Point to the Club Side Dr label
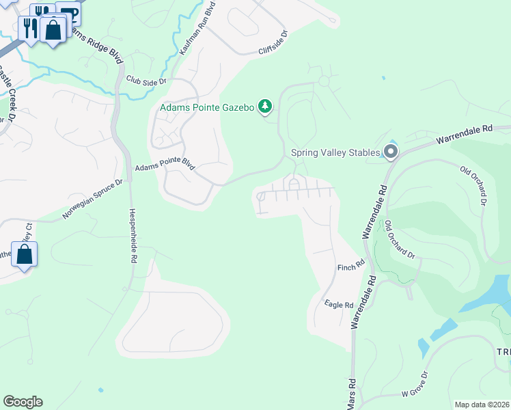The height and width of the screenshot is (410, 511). point(146,81)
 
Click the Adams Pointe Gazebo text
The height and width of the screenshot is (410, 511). point(206,107)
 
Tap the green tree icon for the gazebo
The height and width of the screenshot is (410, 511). point(265,107)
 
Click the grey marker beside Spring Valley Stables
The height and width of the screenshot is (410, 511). point(390,152)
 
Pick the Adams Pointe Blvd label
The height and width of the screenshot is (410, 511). point(165,167)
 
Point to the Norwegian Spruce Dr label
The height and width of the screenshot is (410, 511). point(92,199)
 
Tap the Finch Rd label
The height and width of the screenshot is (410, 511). point(351,264)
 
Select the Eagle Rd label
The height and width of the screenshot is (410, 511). point(339,305)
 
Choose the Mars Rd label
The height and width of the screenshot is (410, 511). point(351,395)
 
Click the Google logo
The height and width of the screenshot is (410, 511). point(23,402)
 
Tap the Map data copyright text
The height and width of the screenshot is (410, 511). point(482,405)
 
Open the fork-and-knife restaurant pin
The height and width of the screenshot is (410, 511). point(29,28)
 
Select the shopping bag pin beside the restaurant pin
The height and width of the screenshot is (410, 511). point(52,30)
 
